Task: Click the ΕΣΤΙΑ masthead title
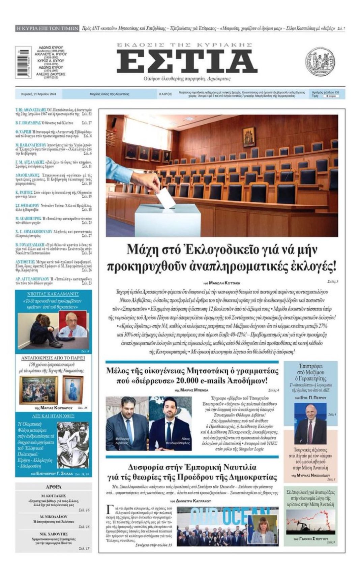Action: (187, 62)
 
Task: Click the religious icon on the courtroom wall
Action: (249, 137)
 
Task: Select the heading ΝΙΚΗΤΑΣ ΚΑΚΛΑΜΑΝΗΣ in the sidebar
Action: (53, 294)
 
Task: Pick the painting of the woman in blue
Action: (72, 389)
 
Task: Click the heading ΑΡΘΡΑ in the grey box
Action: (53, 487)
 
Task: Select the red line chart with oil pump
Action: (310, 522)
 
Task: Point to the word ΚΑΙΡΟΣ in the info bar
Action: (166, 94)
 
